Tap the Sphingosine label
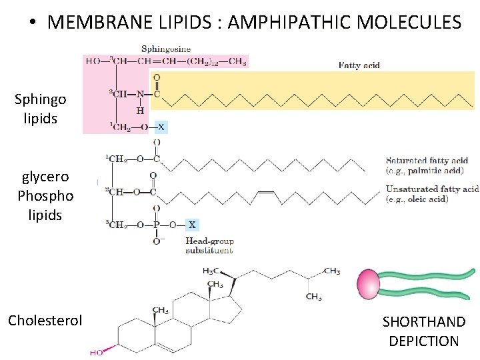(x=165, y=48)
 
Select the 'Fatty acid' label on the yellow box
(x=359, y=65)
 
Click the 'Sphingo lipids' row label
(x=40, y=109)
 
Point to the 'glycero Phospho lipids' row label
(x=45, y=196)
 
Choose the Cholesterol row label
(x=45, y=320)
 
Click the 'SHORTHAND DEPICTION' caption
(x=423, y=331)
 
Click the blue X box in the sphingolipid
(x=161, y=126)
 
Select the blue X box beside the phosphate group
(x=191, y=225)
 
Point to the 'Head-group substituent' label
(x=209, y=245)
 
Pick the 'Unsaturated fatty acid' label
(x=432, y=193)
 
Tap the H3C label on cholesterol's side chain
(x=212, y=271)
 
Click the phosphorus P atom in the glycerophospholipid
(x=157, y=225)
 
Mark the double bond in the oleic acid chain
(x=265, y=193)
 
